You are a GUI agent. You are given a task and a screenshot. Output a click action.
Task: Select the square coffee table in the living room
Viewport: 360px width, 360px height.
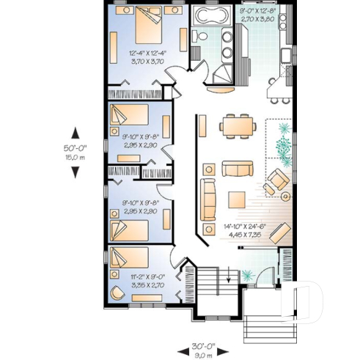(x=237, y=199)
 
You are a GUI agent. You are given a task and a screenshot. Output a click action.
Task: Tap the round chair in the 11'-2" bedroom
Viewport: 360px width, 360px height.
(x=117, y=293)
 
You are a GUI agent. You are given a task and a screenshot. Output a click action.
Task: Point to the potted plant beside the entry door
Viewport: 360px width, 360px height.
(x=246, y=276)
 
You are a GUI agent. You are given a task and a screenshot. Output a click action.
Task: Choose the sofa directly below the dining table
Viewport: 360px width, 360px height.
(x=236, y=169)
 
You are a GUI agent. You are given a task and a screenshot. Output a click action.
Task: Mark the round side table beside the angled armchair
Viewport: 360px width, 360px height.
(x=287, y=196)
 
